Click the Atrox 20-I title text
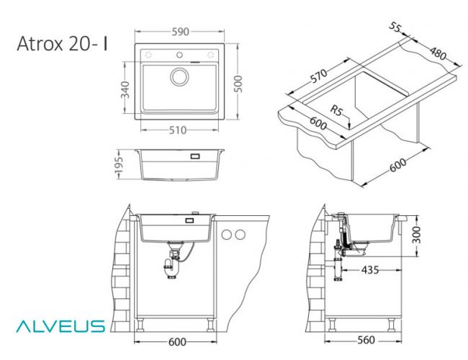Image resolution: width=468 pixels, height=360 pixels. [62, 44]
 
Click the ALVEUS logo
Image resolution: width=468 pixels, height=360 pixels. [60, 326]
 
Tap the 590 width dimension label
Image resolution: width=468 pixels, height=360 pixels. [180, 32]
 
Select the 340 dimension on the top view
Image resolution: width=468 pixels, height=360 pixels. [125, 89]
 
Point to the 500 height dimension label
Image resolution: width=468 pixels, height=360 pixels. [238, 84]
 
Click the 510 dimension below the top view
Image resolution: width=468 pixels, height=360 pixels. [178, 130]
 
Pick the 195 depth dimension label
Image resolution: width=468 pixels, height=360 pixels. [119, 163]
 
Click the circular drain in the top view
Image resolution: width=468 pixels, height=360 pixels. [179, 77]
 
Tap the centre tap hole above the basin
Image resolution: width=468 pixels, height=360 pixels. [179, 55]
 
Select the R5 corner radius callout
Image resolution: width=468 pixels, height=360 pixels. [336, 110]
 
